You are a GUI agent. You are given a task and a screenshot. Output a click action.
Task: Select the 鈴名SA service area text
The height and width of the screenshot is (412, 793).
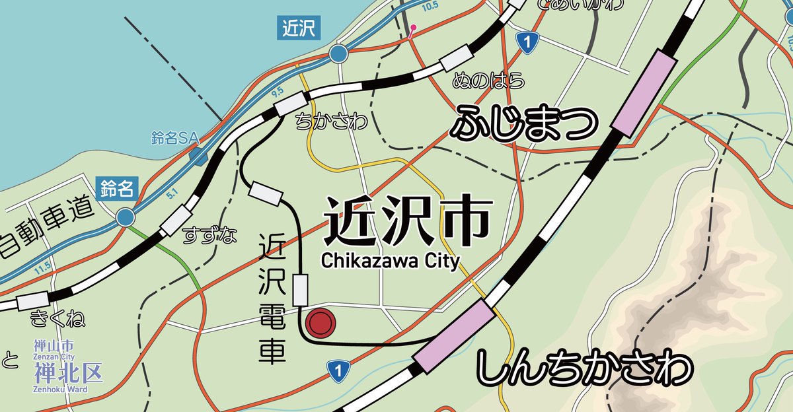(x=175, y=138)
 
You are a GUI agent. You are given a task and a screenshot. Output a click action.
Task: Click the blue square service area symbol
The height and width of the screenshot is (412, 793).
(x=197, y=156)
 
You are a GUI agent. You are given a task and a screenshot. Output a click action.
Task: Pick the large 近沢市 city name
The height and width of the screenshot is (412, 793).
(x=408, y=221)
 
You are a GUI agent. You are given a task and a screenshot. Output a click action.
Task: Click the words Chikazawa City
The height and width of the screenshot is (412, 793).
(x=390, y=261)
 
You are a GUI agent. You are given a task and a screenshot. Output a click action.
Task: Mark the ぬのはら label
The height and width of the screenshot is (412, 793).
(x=488, y=81)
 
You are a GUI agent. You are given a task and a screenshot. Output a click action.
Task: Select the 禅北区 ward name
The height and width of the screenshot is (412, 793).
(x=69, y=372)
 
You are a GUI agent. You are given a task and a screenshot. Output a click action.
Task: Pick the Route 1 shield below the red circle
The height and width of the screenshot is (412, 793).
(x=337, y=371)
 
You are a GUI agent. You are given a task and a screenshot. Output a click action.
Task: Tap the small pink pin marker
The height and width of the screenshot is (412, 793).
(x=413, y=29)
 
